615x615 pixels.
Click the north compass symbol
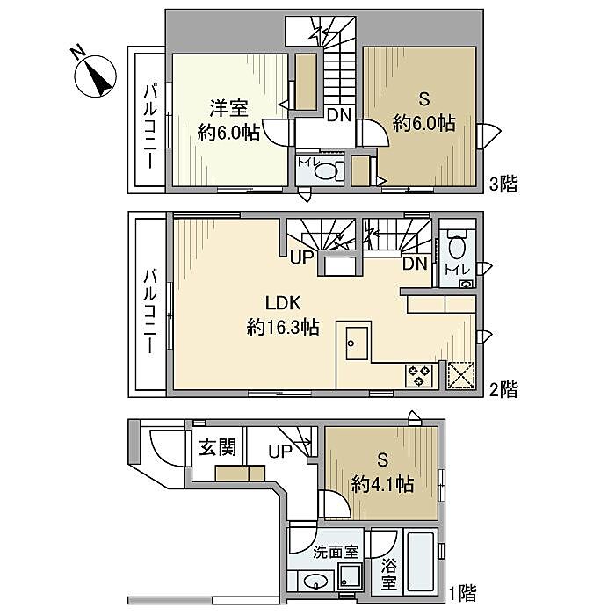click(x=95, y=76)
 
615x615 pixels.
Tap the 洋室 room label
click(x=229, y=108)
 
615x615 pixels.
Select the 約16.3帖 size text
click(x=283, y=327)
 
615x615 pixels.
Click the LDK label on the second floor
click(x=283, y=303)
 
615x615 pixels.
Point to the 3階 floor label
click(x=503, y=184)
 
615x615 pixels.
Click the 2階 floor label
click(x=503, y=389)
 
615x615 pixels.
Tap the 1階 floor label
click(x=463, y=593)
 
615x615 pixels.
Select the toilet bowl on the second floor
click(x=457, y=244)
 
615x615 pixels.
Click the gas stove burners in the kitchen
click(x=419, y=375)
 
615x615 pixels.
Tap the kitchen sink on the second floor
click(x=357, y=344)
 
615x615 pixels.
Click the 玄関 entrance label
click(x=218, y=447)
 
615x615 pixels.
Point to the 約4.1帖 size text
click(x=383, y=484)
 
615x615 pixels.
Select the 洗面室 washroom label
click(x=336, y=552)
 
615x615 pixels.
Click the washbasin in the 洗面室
click(x=315, y=582)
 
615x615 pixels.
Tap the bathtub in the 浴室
click(x=421, y=561)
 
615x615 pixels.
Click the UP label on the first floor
click(x=280, y=451)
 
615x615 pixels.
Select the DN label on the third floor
click(x=339, y=115)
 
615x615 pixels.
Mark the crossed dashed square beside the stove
click(x=461, y=375)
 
